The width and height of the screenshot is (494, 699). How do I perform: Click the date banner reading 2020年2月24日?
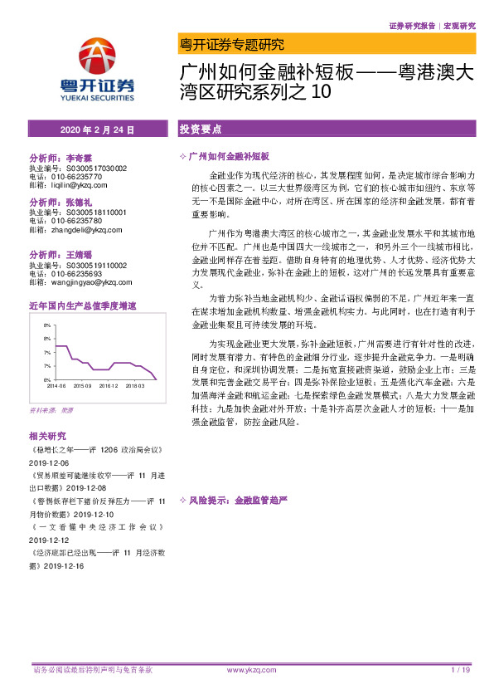[x=98, y=130]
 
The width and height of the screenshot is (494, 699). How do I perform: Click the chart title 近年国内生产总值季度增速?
[x=82, y=306]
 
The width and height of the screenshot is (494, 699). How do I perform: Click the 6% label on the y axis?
[x=47, y=379]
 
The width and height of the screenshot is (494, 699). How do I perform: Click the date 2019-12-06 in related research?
[x=50, y=462]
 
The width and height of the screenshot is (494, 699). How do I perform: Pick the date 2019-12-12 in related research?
[x=50, y=538]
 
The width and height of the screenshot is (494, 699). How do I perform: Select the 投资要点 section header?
[x=201, y=130]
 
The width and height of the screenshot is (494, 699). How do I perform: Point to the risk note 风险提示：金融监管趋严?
[x=237, y=501]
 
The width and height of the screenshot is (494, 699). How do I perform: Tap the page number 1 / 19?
[x=461, y=670]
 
